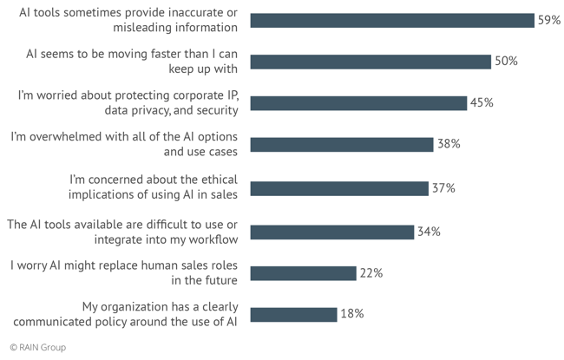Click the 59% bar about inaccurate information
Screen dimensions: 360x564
point(391,20)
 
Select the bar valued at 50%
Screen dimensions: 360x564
point(370,62)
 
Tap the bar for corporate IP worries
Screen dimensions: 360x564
point(357,103)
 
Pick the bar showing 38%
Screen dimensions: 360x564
point(341,145)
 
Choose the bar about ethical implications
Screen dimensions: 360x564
point(338,188)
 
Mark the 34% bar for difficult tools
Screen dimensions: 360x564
point(331,232)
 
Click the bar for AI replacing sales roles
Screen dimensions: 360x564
point(303,273)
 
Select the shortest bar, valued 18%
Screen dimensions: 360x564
point(293,315)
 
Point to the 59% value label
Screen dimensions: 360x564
point(548,20)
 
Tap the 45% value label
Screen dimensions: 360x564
point(482,102)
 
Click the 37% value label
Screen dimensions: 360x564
point(443,187)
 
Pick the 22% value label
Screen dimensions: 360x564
point(371,272)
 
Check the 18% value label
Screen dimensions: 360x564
point(351,314)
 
